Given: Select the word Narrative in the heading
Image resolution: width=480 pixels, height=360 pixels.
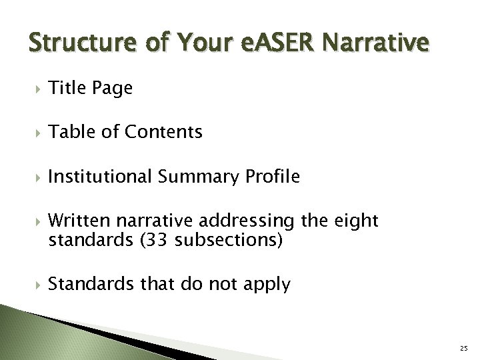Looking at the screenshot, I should pyautogui.click(x=376, y=43).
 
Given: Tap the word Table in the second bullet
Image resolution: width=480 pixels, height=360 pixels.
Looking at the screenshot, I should pyautogui.click(x=69, y=132).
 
